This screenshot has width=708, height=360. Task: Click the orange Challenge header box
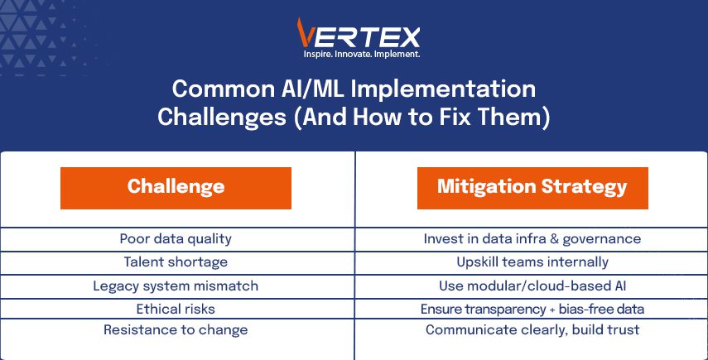point(176,188)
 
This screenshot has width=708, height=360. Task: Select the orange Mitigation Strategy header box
point(532,188)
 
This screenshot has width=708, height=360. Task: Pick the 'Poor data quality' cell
point(176,238)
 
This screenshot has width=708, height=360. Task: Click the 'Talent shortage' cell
point(176,262)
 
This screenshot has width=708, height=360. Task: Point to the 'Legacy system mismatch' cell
point(176,286)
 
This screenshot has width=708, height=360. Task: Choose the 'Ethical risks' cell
point(176,309)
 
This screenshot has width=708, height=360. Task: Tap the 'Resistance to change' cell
point(176,329)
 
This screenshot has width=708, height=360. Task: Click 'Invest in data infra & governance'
point(532,238)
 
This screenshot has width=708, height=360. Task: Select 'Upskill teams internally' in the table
point(532,262)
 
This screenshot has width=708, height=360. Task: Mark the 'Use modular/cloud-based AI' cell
point(532,286)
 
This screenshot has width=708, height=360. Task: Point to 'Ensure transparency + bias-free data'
point(532,309)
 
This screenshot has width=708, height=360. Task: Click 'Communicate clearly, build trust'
point(532,329)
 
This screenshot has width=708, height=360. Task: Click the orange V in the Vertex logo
point(305,32)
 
